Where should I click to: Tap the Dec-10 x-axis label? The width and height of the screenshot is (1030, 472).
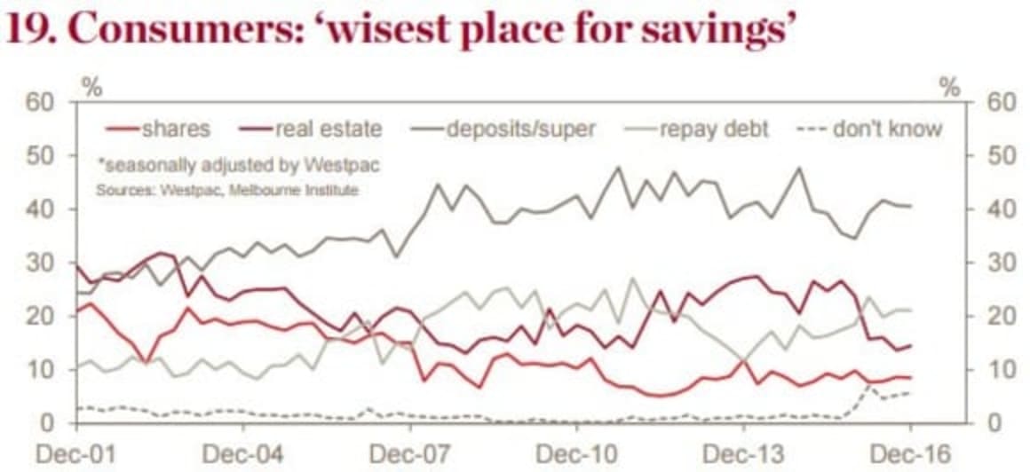(577, 452)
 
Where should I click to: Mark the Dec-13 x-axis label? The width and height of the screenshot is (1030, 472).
(744, 452)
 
